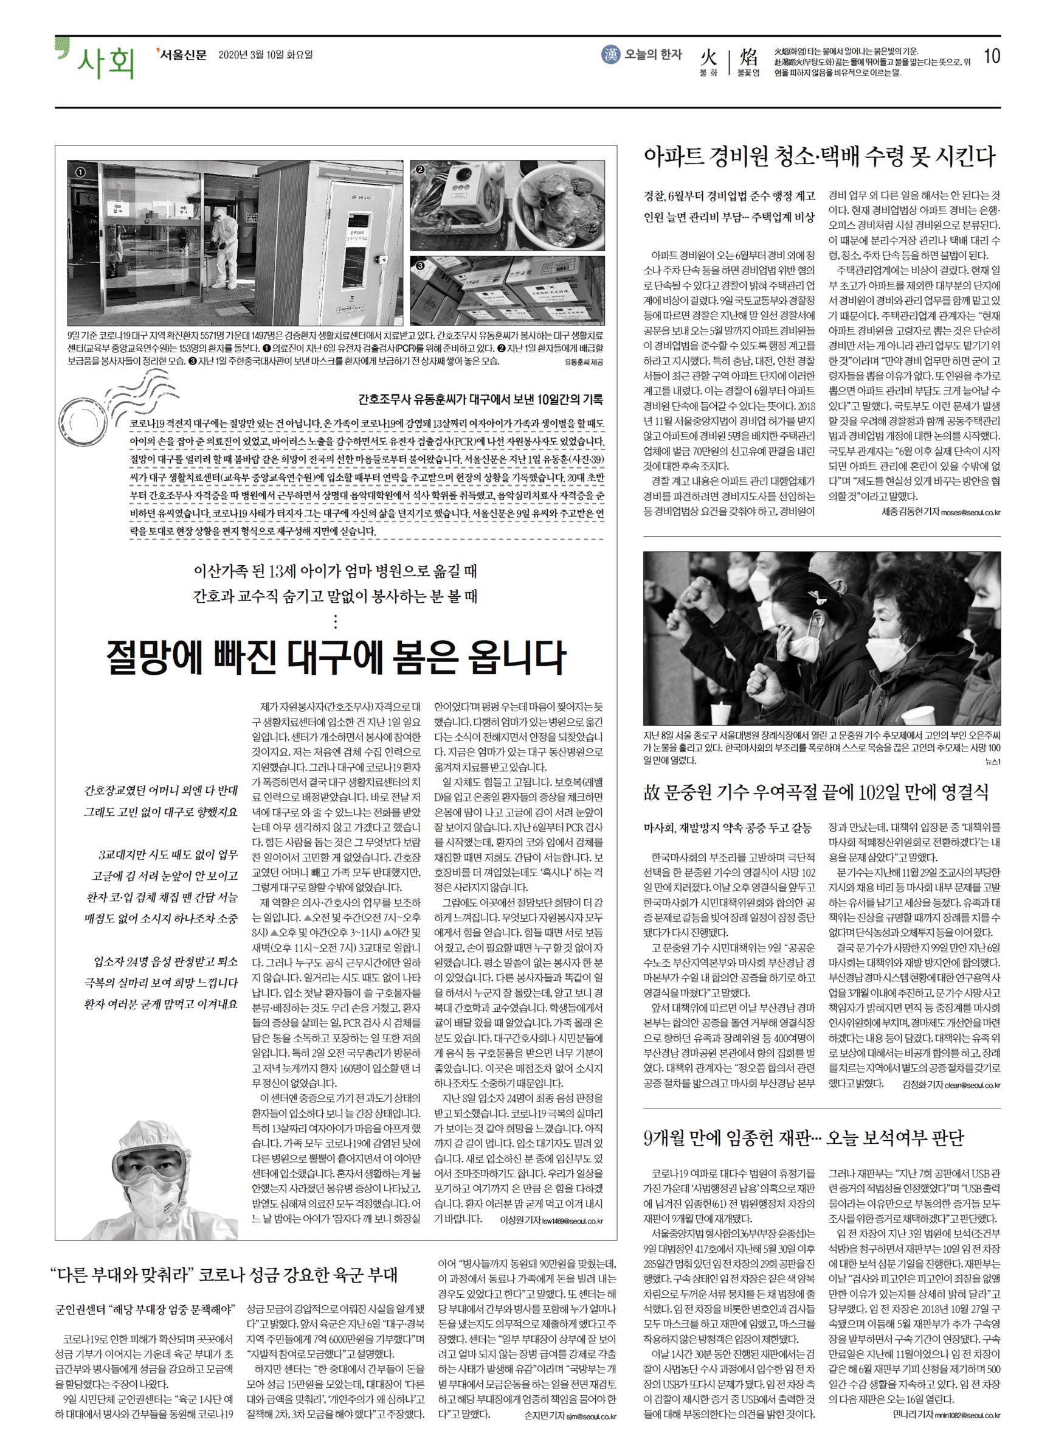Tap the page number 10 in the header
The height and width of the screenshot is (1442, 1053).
click(x=992, y=56)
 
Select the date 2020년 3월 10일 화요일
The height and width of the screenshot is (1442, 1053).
click(x=265, y=55)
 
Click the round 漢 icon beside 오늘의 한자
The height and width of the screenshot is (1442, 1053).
click(x=610, y=55)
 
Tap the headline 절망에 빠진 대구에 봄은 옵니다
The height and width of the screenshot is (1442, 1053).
click(x=336, y=657)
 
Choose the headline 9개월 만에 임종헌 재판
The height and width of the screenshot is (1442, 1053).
click(x=803, y=1138)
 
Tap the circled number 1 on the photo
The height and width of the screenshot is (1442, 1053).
click(x=80, y=172)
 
